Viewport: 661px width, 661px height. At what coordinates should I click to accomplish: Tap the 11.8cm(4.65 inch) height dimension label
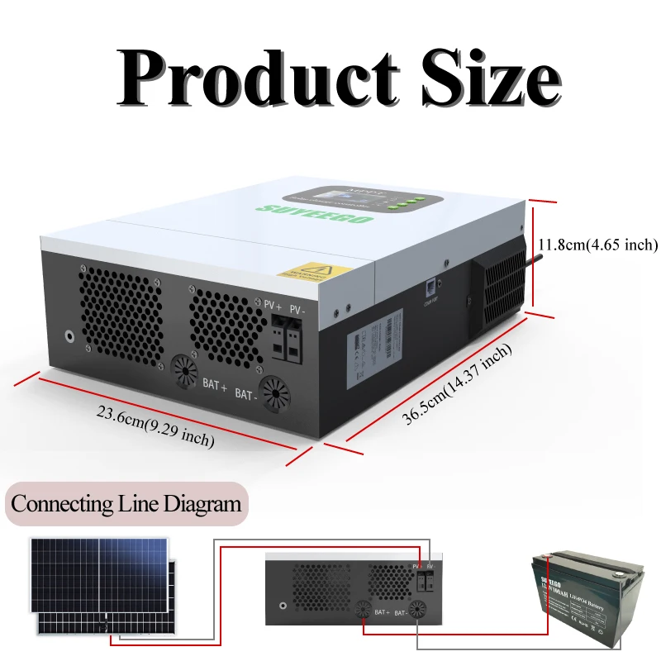597,245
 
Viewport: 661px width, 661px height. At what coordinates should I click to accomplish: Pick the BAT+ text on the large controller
215,383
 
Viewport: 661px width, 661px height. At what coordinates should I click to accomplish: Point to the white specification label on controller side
374,342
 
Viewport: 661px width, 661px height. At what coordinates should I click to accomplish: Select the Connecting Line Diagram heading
126,504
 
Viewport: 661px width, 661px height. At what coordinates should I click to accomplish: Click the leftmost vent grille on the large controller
121,311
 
